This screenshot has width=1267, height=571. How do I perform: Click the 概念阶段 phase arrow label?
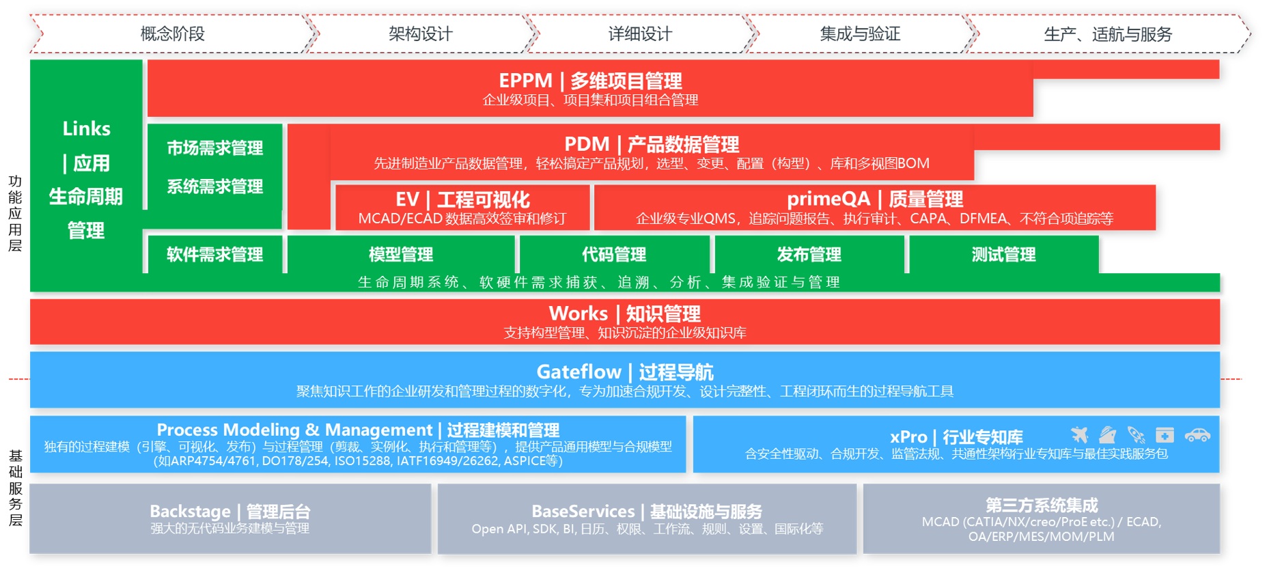[172, 33]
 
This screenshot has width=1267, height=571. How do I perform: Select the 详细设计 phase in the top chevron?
[639, 33]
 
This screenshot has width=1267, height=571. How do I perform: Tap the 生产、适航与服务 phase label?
[1107, 34]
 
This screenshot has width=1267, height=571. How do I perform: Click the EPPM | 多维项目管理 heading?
[590, 81]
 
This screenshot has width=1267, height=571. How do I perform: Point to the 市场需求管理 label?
[214, 148]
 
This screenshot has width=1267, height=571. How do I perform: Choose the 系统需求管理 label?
[214, 186]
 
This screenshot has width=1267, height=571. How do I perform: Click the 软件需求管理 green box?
[214, 254]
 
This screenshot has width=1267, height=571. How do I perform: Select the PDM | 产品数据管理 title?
[651, 144]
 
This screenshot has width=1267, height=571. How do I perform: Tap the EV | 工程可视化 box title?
[462, 199]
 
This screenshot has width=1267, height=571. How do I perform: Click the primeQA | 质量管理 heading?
[874, 199]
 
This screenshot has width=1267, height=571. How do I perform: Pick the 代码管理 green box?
[613, 254]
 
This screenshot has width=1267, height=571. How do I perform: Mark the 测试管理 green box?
[1003, 254]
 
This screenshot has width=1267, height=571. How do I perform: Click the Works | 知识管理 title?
[624, 314]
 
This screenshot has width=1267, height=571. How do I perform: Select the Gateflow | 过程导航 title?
[624, 372]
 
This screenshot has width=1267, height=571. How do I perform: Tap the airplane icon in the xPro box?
[1079, 434]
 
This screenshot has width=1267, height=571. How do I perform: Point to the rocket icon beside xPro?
[1136, 434]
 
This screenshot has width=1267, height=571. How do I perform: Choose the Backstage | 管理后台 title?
[229, 511]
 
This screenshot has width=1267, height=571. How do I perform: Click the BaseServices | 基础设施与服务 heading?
[646, 511]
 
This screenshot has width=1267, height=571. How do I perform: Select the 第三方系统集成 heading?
[1041, 505]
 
